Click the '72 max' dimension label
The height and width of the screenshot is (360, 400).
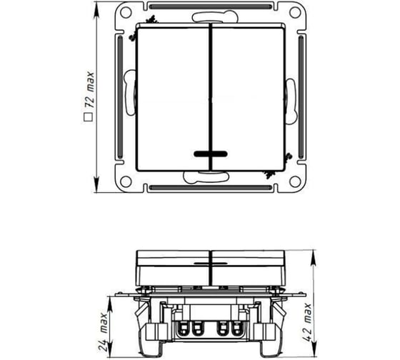pyautogui.click(x=91, y=92)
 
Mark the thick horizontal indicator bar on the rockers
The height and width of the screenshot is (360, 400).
pyautogui.click(x=210, y=153)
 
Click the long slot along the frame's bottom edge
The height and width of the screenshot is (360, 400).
pyautogui.click(x=210, y=189)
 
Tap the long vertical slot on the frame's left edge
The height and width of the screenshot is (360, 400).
pyautogui.click(x=117, y=99)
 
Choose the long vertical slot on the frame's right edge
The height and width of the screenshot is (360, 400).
pyautogui.click(x=303, y=99)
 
